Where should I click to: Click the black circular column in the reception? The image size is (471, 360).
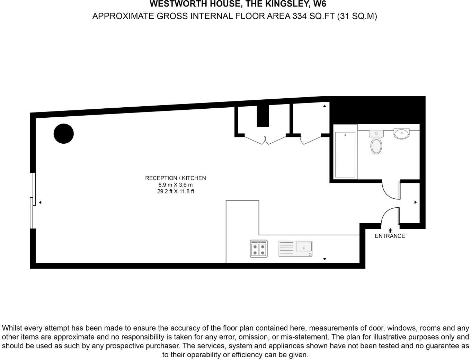coord(64,134)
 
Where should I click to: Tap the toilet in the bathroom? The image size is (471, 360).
coord(376,143)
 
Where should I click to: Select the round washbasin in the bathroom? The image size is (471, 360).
coord(401,133)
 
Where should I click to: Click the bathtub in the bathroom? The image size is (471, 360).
coord(345,154)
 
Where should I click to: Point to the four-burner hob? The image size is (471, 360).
coord(259,249)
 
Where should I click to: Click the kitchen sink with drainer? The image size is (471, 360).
coord(295,249)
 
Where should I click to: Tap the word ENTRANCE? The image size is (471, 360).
coord(390,236)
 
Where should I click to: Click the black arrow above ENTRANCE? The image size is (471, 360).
coord(390,230)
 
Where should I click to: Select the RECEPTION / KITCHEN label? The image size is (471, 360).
coord(175,178)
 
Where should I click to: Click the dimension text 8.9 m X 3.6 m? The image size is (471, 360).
coord(175,185)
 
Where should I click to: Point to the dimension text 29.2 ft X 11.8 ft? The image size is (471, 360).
coord(175,191)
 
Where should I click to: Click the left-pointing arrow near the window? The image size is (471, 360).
coord(40,202)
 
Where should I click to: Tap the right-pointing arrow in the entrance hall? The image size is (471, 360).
coord(416,202)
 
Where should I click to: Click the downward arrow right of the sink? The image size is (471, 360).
coord(325,259)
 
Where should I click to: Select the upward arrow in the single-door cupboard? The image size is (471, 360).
coord(325,106)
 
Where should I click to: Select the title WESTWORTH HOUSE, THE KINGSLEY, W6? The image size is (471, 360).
coord(238,4)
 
